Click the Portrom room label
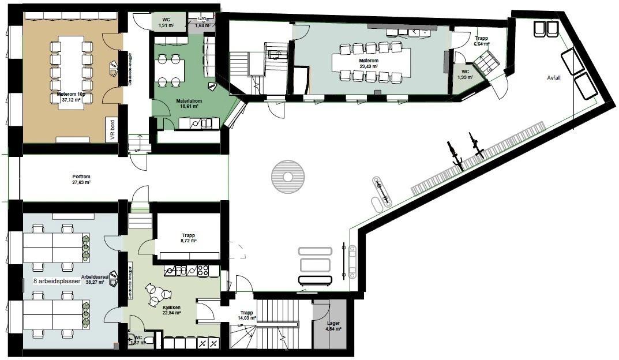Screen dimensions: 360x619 pyautogui.click(x=81, y=176)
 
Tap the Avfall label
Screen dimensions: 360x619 pyautogui.click(x=554, y=78)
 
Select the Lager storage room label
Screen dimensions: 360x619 pyautogui.click(x=333, y=324)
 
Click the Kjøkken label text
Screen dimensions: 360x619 pyautogui.click(x=171, y=307)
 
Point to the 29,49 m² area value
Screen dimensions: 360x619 pyautogui.click(x=369, y=67)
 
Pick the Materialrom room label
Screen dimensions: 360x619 pyautogui.click(x=189, y=100)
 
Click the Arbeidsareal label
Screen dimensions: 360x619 pyautogui.click(x=96, y=277)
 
